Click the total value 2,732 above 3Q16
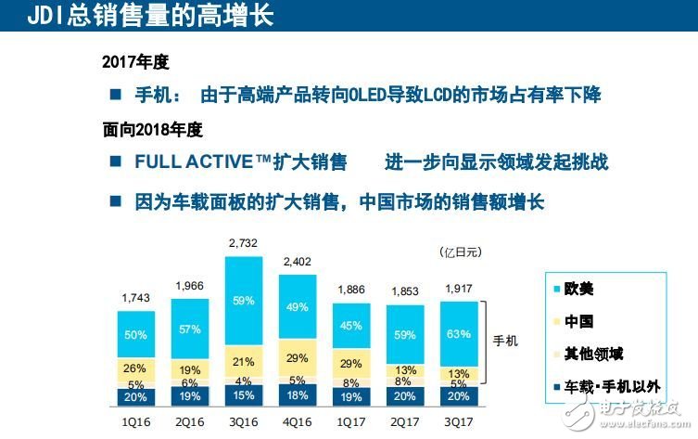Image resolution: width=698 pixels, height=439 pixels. point(244,243)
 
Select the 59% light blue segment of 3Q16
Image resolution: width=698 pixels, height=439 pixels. point(244,300)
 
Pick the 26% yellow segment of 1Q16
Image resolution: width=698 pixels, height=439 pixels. point(135,368)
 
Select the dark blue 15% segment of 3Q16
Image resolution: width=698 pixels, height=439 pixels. point(244,394)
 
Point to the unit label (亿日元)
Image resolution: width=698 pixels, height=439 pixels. point(460,251)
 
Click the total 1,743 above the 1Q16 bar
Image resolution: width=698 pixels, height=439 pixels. point(135,297)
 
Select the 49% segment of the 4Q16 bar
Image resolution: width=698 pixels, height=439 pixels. point(297,308)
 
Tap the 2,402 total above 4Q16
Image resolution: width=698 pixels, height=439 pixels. point(297,261)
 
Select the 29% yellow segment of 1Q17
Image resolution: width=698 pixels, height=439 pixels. point(350,363)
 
